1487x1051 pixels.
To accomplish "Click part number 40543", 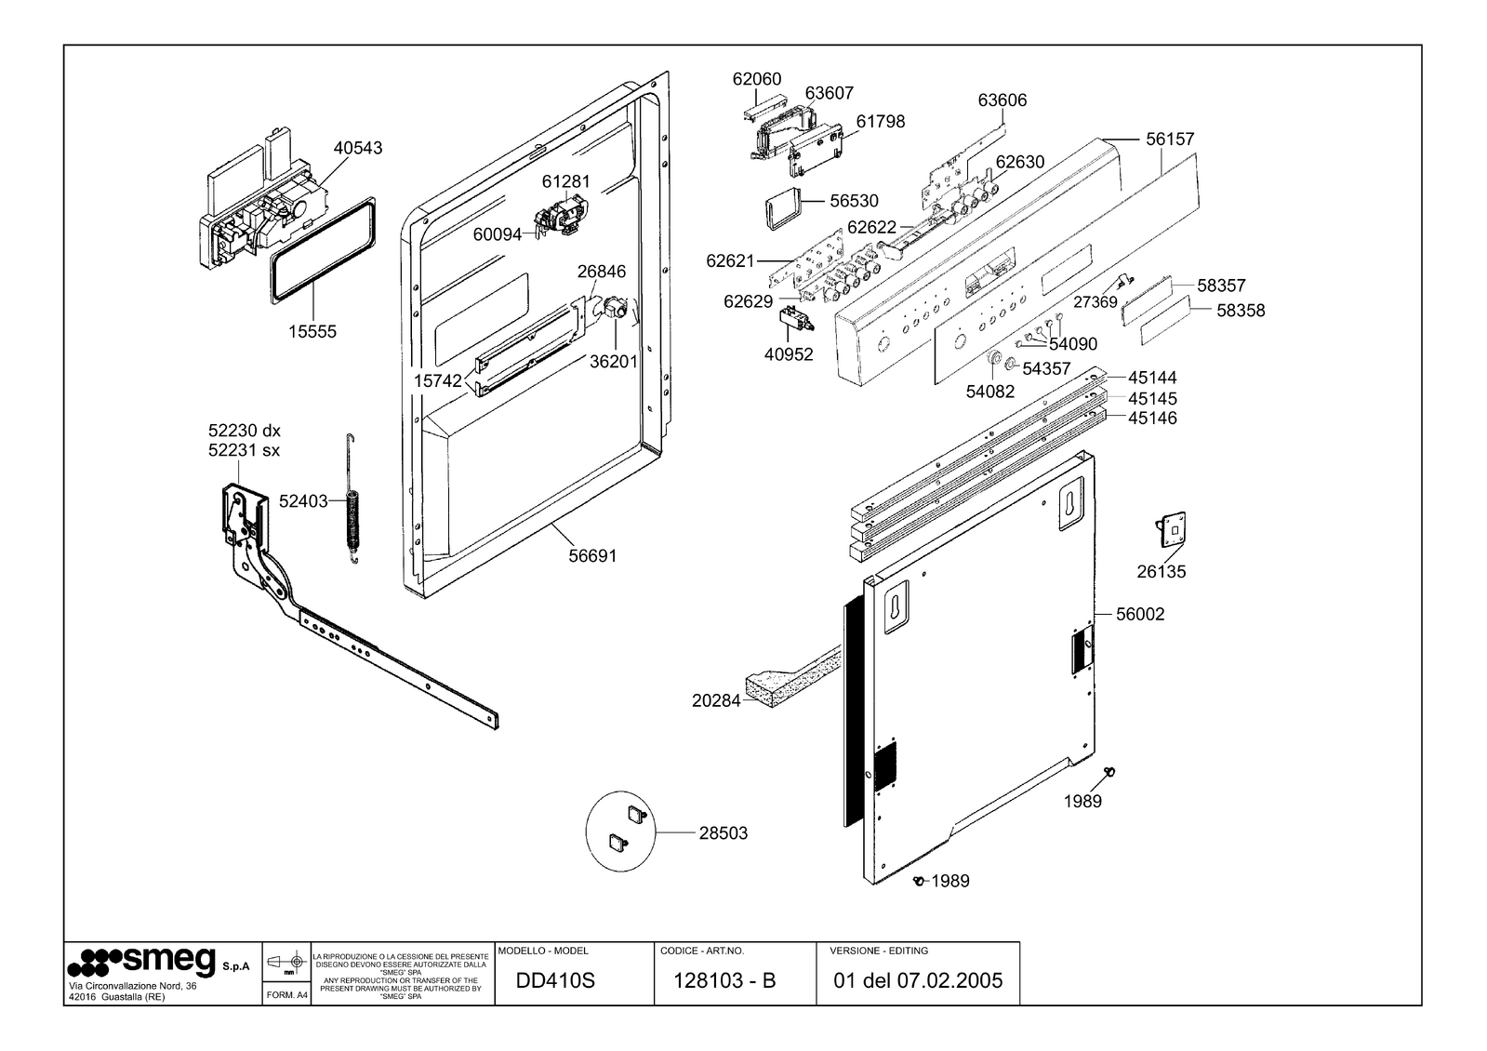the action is pyautogui.click(x=358, y=147).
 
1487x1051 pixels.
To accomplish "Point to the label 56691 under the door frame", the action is pyautogui.click(x=592, y=555).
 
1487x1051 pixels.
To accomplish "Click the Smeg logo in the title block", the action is pyautogui.click(x=142, y=962).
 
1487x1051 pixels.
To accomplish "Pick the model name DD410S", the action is pyautogui.click(x=555, y=980).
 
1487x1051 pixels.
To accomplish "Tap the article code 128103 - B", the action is pyautogui.click(x=724, y=980).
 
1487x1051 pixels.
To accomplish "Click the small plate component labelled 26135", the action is pyautogui.click(x=1173, y=530).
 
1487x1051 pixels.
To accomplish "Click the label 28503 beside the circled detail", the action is pyautogui.click(x=723, y=832).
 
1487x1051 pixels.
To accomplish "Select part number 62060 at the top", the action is pyautogui.click(x=757, y=79).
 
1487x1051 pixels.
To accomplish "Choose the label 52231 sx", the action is pyautogui.click(x=245, y=450).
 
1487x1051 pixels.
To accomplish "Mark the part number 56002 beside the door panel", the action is pyautogui.click(x=1140, y=614).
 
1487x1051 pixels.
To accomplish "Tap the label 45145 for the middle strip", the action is pyautogui.click(x=1152, y=398).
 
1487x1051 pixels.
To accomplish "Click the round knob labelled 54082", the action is pyautogui.click(x=994, y=358).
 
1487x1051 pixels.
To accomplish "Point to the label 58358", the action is pyautogui.click(x=1241, y=310).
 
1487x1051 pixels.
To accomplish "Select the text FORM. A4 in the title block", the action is pyautogui.click(x=286, y=995).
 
